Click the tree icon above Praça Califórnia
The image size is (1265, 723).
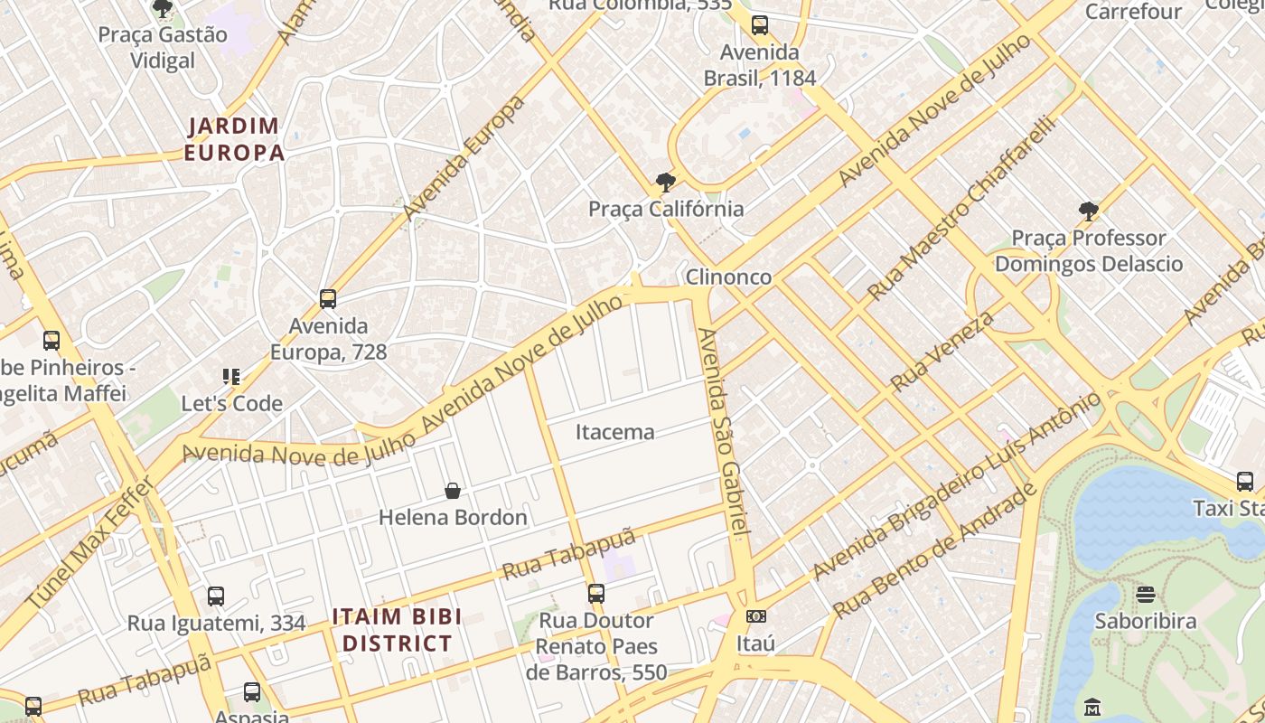tap(666, 183)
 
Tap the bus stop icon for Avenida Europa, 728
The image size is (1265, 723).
tap(328, 299)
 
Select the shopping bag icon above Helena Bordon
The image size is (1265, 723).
tap(453, 491)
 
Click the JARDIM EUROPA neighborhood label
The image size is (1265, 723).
tap(234, 139)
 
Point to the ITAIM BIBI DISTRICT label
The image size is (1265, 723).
tap(397, 630)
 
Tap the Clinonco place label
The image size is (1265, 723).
tap(728, 277)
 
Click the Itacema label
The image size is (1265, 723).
tap(614, 432)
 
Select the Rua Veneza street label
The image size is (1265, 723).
tap(942, 351)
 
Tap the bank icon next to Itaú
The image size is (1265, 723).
tap(756, 616)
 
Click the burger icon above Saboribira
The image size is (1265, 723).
tap(1146, 595)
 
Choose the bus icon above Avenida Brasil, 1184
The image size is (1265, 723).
tap(760, 25)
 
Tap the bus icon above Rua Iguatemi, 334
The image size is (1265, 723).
tap(216, 596)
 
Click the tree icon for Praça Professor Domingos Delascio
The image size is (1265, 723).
tap(1089, 211)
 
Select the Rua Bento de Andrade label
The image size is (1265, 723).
tap(935, 550)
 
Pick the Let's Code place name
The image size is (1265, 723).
tap(232, 403)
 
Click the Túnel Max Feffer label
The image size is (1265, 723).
tap(90, 542)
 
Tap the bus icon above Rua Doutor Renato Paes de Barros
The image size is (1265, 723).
tap(596, 594)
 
